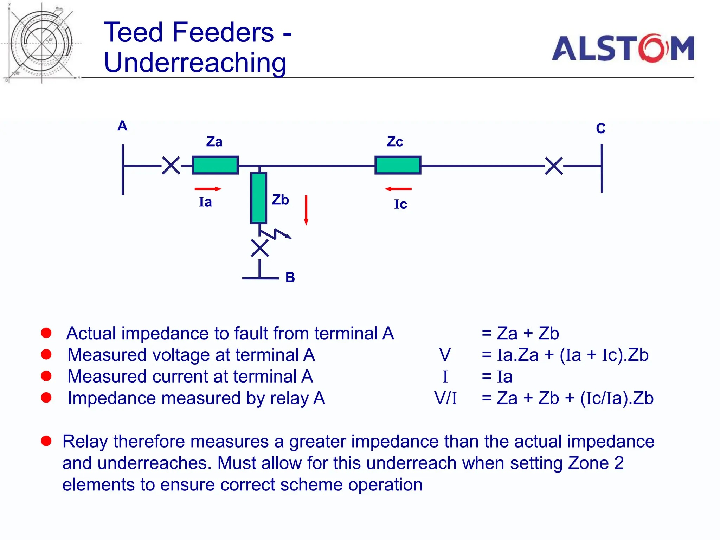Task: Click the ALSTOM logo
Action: pos(623,48)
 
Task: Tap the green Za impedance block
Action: pos(215,165)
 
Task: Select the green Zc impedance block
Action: pos(398,165)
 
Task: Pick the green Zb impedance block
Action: pos(259,198)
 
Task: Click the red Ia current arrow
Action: pos(208,189)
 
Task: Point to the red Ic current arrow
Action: pos(398,189)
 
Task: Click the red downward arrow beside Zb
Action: pos(306,210)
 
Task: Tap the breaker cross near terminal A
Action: pos(171,166)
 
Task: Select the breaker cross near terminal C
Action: pos(554,166)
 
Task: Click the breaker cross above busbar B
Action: pos(260,248)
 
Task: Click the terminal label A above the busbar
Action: pos(122,126)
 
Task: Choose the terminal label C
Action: pos(600,128)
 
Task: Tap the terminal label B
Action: pos(290,277)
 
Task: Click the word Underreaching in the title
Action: pos(195,63)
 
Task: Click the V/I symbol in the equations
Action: pos(445,398)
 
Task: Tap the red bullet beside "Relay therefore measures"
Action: pos(46,441)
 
